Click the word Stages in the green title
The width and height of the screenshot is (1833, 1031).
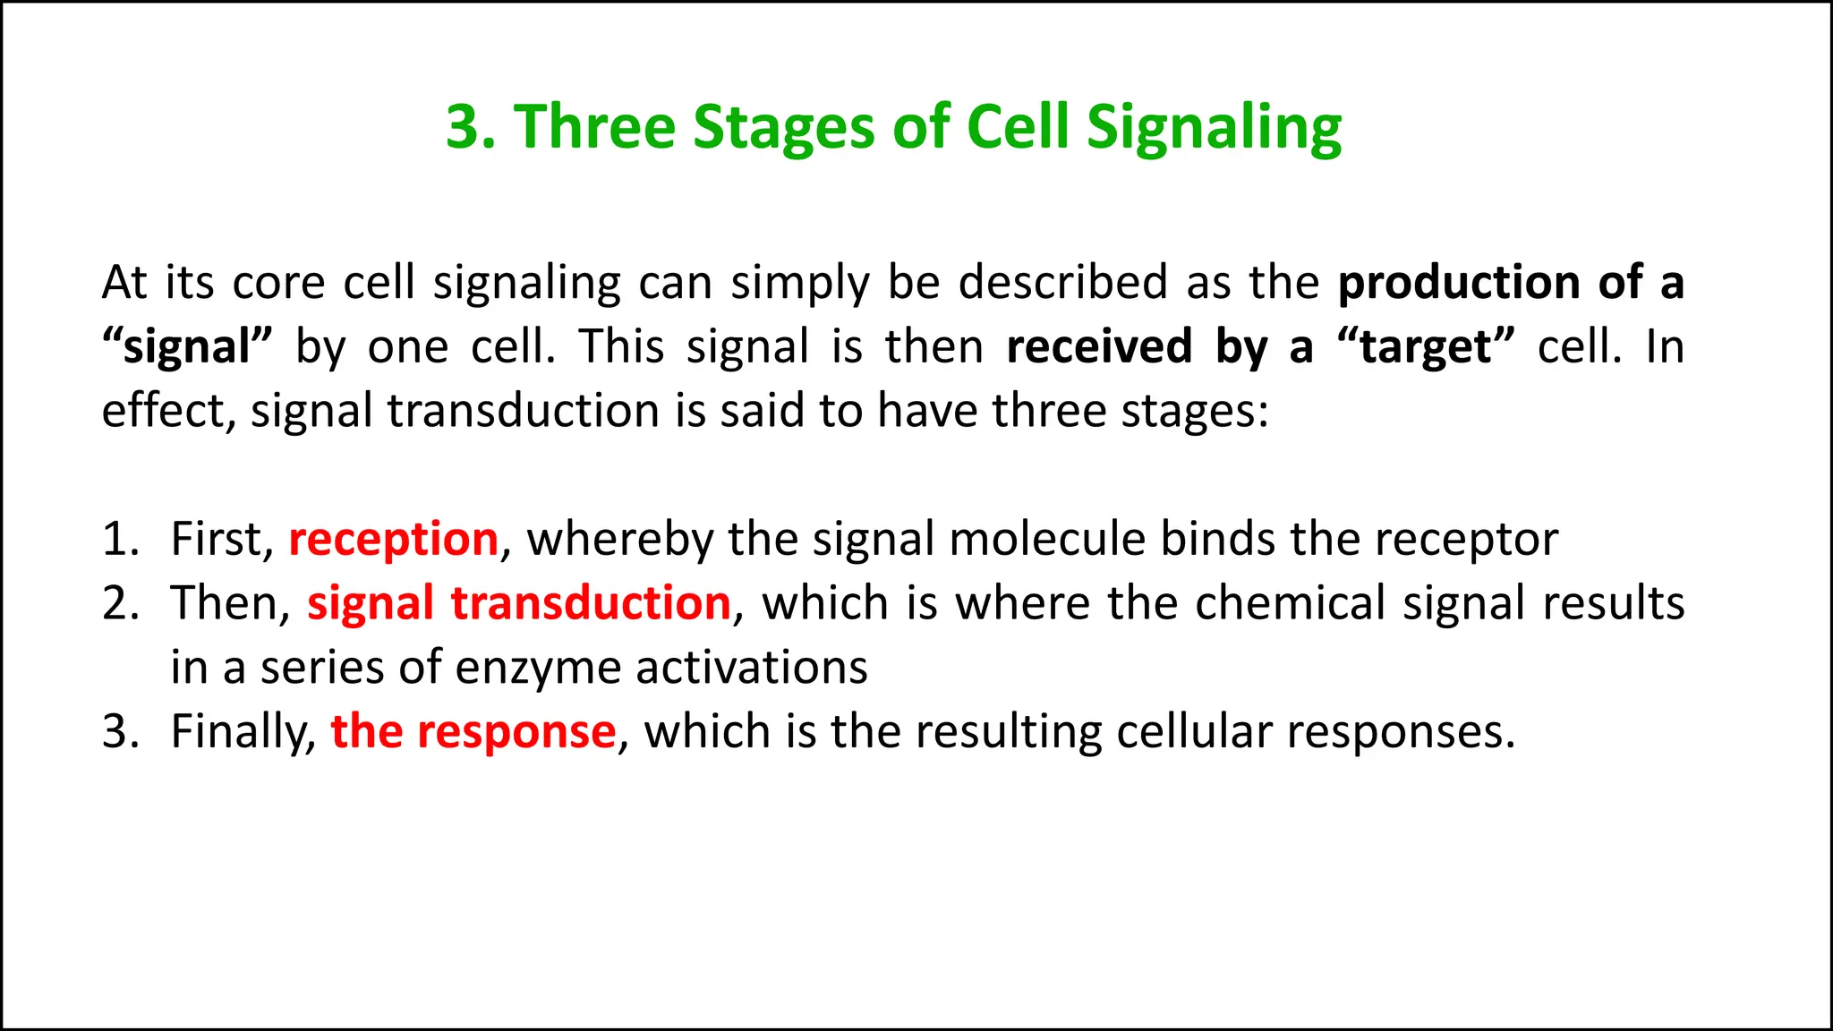783,127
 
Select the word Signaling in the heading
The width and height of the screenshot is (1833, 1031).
1214,127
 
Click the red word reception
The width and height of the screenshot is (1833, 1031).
393,540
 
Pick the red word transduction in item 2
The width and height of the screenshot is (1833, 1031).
591,603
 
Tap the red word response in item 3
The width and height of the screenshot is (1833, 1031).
516,732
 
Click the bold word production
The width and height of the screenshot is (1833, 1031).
1458,284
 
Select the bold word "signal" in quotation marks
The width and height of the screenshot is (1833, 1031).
186,347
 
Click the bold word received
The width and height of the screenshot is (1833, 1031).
1098,347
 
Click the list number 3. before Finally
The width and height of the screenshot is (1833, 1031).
118,732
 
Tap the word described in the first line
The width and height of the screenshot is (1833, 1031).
1062,284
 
